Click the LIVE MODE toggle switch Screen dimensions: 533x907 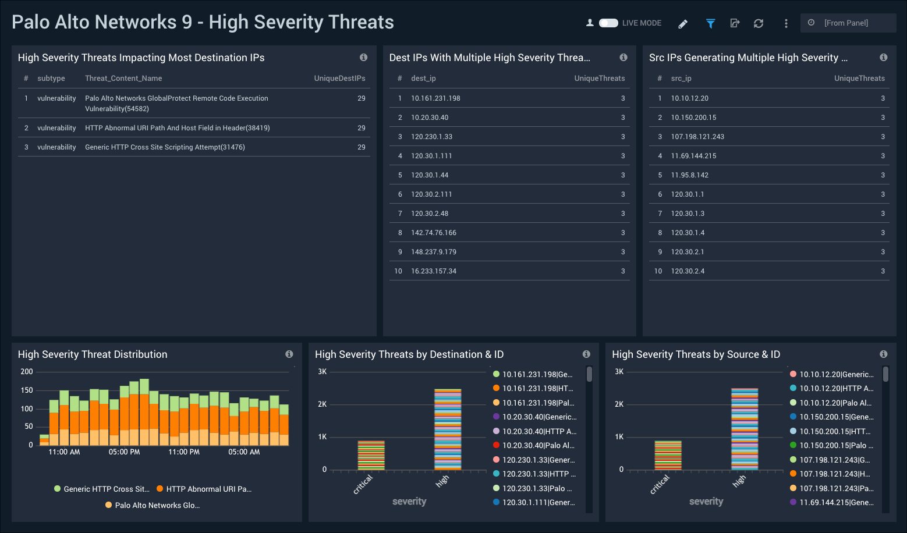608,23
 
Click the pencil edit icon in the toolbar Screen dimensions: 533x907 683,24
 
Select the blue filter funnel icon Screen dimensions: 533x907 710,23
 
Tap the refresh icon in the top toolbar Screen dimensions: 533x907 758,23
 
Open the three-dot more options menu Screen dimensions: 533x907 786,23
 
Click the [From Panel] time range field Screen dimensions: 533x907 848,23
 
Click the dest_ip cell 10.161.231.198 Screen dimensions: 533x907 435,98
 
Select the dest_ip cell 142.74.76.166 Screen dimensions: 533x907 434,233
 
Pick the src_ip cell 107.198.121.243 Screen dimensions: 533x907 697,137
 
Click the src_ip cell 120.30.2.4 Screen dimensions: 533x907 688,271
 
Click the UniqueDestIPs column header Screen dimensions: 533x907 339,79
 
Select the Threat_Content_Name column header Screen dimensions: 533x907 123,79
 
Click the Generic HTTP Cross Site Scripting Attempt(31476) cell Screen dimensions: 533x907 165,147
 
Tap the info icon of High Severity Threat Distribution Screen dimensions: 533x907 289,354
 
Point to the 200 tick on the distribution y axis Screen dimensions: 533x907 27,372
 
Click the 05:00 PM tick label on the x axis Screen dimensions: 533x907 124,452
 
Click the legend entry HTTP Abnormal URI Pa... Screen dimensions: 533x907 208,489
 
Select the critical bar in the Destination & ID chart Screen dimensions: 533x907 371,455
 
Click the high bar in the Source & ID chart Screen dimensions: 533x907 745,429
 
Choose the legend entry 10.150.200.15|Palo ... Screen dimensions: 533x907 835,446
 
